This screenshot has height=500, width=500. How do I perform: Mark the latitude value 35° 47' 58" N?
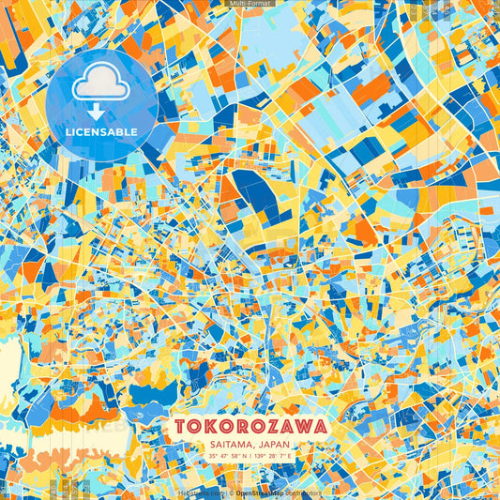click(x=226, y=457)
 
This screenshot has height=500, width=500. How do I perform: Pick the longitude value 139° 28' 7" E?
click(x=273, y=457)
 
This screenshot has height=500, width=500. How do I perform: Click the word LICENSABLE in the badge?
click(x=101, y=130)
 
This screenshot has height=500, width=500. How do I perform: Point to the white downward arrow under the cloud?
click(x=95, y=112)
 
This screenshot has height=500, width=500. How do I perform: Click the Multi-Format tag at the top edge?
click(x=250, y=4)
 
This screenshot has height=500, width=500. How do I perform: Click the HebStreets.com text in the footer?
click(x=200, y=492)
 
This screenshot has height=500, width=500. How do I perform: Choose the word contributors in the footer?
click(x=304, y=492)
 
